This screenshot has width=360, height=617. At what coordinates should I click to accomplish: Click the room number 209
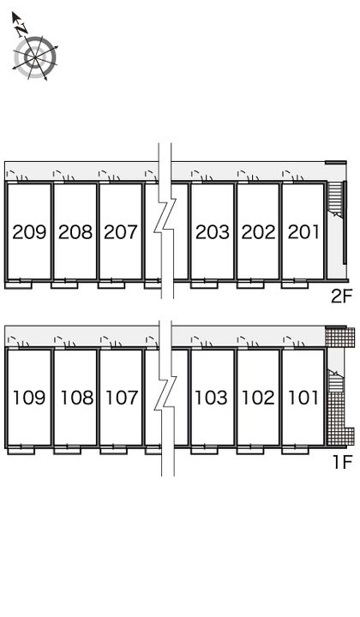(x=29, y=232)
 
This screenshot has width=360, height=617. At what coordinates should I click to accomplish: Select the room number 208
(x=75, y=232)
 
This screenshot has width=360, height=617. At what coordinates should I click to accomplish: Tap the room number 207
(x=121, y=232)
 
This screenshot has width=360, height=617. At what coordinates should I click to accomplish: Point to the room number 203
(x=213, y=232)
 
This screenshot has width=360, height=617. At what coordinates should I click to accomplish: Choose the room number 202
(x=258, y=232)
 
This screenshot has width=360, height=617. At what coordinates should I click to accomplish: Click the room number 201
(x=303, y=232)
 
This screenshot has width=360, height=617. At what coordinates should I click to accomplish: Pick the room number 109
(x=29, y=398)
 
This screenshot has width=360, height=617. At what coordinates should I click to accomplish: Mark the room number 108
(x=76, y=398)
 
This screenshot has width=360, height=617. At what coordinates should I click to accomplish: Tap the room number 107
(x=122, y=398)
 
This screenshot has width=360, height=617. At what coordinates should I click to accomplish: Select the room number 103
(x=212, y=398)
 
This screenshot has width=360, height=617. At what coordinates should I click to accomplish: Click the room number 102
(x=258, y=398)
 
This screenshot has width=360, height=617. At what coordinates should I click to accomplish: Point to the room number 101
(x=303, y=398)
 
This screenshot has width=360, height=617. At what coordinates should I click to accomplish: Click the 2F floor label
(x=341, y=297)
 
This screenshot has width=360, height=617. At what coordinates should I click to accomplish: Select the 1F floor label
(x=342, y=462)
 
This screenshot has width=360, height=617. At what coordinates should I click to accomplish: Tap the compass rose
(x=35, y=58)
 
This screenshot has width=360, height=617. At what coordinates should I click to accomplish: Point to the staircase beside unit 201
(x=336, y=200)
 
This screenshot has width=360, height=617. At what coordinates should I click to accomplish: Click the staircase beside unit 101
(x=336, y=380)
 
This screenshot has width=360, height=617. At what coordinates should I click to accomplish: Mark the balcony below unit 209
(x=20, y=285)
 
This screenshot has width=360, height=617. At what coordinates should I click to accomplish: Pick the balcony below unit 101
(x=295, y=450)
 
